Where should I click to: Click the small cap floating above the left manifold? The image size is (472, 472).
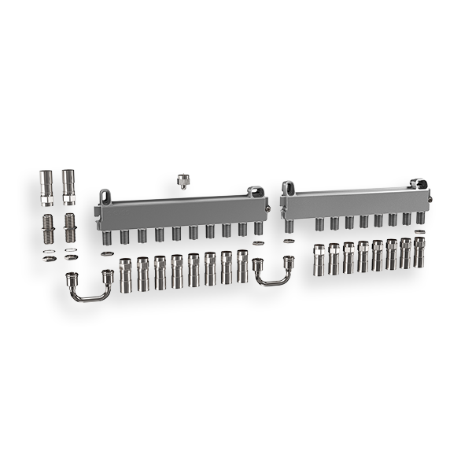pos(183,180)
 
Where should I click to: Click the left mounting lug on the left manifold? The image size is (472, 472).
pos(104,195)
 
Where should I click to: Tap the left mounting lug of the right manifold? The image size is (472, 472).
pos(289,188)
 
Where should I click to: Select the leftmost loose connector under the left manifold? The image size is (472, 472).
pos(124,273)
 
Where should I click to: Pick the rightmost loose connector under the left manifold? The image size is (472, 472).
pos(242,267)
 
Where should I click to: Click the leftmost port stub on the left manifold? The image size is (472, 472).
pos(106,236)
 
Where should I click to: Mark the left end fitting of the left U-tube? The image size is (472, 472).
pos(72,278)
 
